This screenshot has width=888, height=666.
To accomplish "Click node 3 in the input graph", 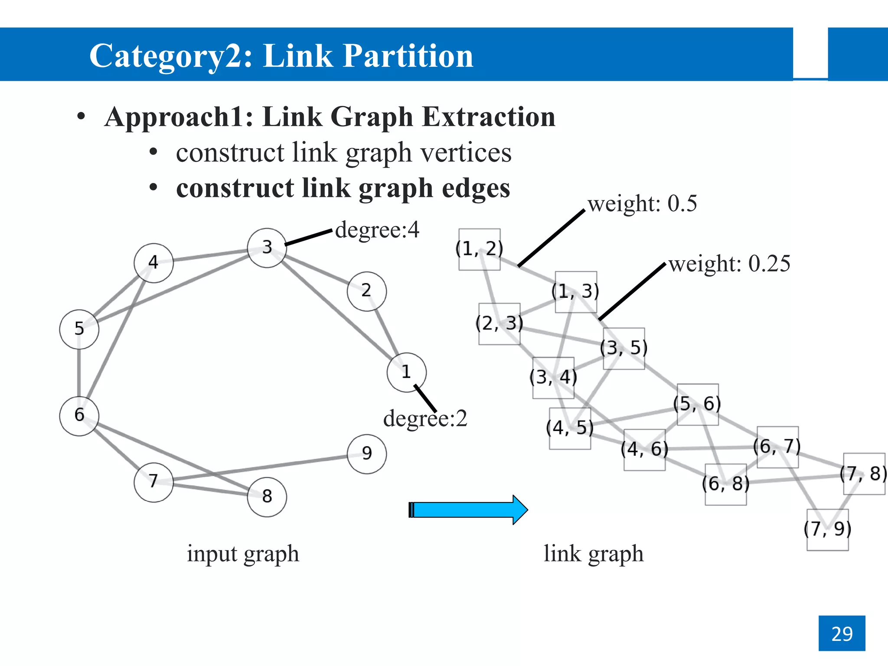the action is click(x=267, y=248).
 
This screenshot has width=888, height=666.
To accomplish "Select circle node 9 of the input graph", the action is click(x=367, y=454).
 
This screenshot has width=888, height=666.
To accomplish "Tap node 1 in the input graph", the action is click(x=406, y=372).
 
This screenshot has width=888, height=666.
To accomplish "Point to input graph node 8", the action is click(x=267, y=497).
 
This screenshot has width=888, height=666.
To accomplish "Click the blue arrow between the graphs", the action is click(x=468, y=510).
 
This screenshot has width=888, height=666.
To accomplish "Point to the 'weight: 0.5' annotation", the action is click(x=642, y=203).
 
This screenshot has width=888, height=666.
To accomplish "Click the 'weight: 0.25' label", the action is click(x=729, y=264).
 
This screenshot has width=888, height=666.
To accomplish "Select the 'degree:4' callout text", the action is click(x=377, y=230).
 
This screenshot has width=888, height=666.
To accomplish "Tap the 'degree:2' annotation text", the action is click(x=425, y=419).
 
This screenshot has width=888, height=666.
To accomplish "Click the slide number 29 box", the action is click(x=842, y=633).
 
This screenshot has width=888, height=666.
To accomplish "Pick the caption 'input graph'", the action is click(x=243, y=554).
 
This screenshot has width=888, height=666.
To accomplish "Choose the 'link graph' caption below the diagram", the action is click(x=594, y=554).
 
